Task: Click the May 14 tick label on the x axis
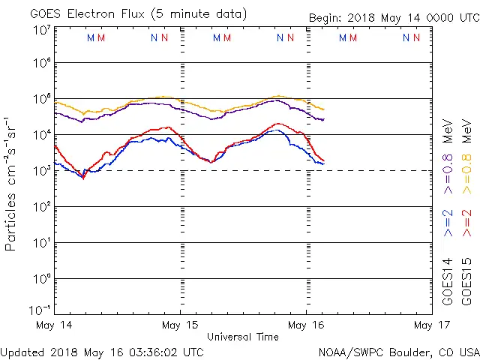(x=54, y=325)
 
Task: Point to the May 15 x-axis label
(x=180, y=325)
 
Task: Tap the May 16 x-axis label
(x=306, y=325)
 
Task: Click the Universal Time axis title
(x=242, y=337)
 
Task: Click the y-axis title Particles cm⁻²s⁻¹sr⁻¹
(x=11, y=183)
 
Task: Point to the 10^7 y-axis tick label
(x=40, y=30)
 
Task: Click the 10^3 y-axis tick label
(x=40, y=170)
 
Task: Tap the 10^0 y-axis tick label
(x=40, y=278)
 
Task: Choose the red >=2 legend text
(x=466, y=223)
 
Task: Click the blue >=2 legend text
(x=448, y=223)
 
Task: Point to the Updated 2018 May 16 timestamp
(x=102, y=351)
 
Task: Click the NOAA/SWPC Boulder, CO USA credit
(x=398, y=351)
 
